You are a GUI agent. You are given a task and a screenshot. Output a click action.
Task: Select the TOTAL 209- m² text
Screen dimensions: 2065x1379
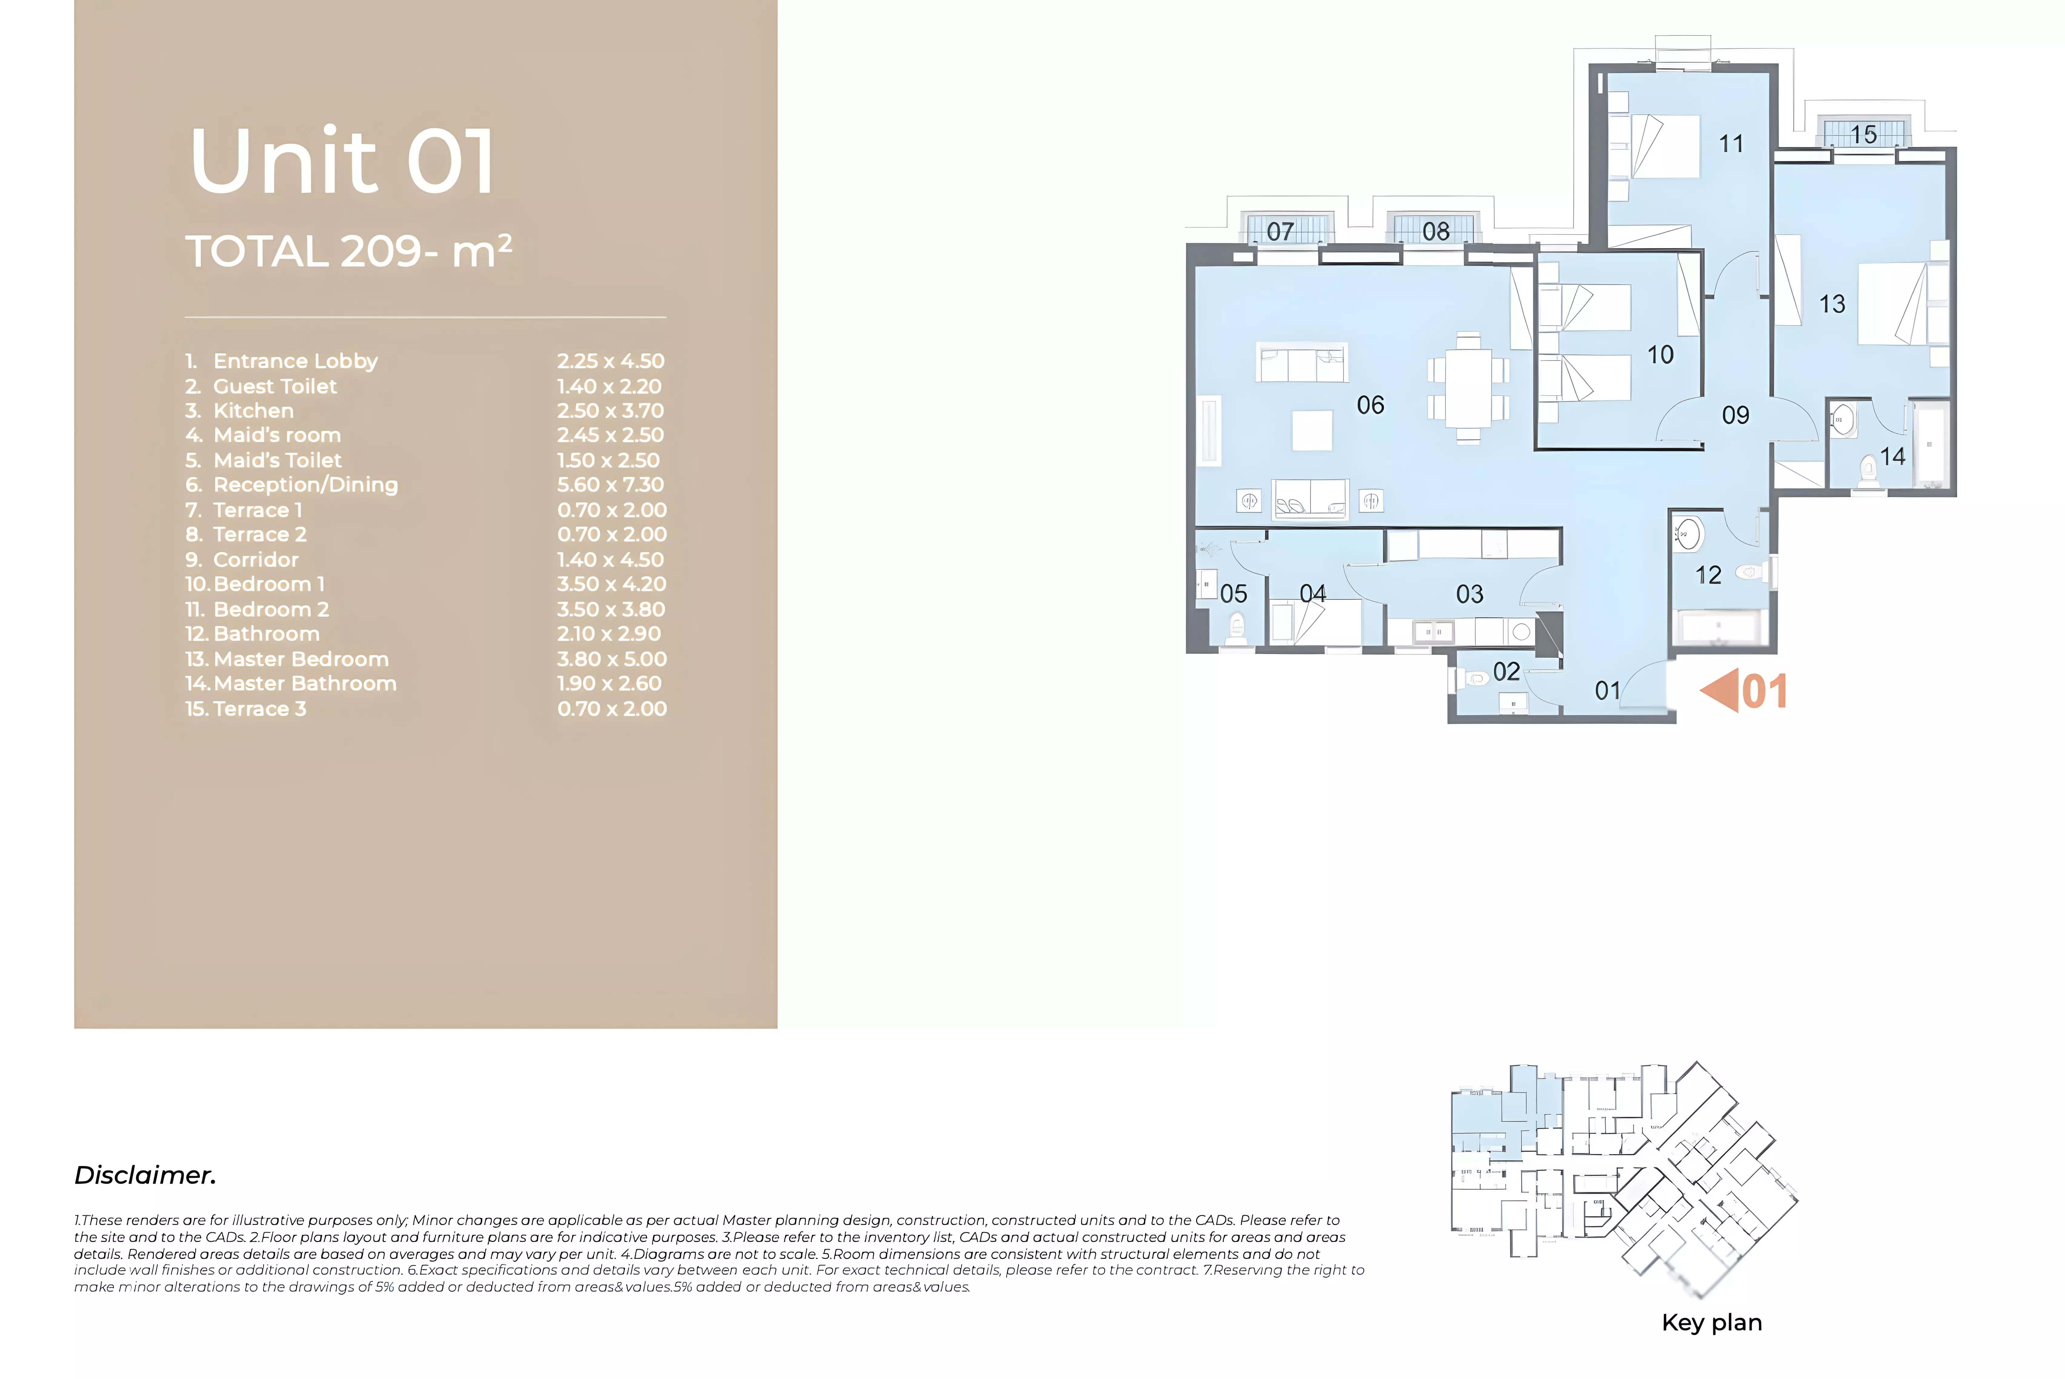click(348, 251)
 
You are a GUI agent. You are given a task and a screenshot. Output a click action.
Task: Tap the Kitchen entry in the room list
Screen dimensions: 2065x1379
click(253, 411)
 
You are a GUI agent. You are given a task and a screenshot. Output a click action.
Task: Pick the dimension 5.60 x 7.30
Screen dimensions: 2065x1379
click(610, 485)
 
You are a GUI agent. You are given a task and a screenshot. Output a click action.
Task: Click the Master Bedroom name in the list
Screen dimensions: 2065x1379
click(301, 659)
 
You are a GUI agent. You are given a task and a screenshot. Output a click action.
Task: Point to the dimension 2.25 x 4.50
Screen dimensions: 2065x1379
click(610, 361)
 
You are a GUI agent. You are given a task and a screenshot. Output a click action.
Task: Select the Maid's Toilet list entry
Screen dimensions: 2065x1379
click(277, 460)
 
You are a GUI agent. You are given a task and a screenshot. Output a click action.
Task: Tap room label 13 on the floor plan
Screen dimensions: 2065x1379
click(1832, 304)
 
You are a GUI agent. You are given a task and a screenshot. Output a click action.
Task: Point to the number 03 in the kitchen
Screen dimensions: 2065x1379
click(1470, 594)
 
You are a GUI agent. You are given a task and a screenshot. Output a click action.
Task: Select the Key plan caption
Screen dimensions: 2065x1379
click(1711, 1323)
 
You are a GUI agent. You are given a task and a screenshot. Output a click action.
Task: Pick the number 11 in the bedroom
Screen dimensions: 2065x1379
click(1731, 143)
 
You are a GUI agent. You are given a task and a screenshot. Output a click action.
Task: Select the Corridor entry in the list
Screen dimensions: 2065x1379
click(255, 559)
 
